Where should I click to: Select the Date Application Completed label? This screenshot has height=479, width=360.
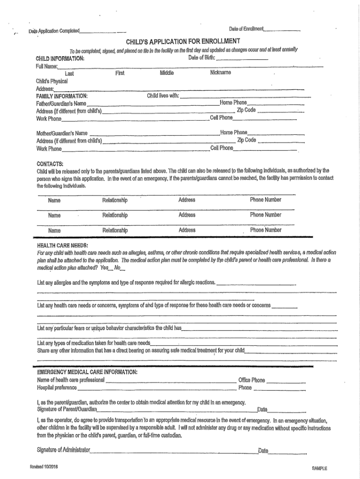click(54, 31)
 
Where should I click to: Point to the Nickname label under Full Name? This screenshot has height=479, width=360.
click(220, 73)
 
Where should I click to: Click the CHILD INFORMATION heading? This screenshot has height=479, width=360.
click(60, 58)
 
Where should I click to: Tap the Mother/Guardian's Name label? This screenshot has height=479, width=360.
click(62, 133)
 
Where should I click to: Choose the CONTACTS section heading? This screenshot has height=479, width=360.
click(50, 163)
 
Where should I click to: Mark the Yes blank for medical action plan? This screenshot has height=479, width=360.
click(111, 269)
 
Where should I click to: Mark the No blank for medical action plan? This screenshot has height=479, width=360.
click(123, 269)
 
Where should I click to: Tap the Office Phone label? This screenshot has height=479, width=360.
click(252, 380)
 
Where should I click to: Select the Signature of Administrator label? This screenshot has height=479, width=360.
click(63, 450)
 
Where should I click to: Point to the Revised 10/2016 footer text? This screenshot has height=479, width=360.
click(44, 467)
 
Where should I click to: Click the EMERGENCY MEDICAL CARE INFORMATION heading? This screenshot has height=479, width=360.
click(87, 372)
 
